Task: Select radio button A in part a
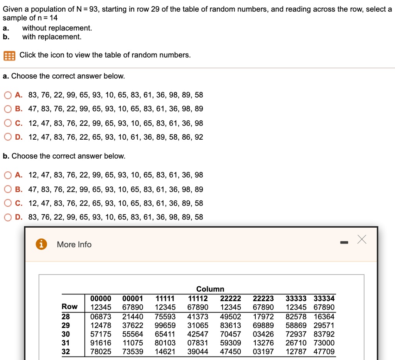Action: (x=7, y=95)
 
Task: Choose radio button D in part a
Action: (x=7, y=137)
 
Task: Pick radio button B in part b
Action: (x=7, y=189)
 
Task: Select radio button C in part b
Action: (x=7, y=203)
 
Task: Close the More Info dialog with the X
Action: (x=361, y=240)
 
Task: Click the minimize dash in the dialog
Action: (x=344, y=243)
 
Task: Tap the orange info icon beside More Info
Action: (x=41, y=244)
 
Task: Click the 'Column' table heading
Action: (x=210, y=289)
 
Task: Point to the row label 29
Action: (x=66, y=325)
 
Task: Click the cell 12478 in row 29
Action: (x=101, y=325)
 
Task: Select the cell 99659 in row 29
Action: (x=165, y=325)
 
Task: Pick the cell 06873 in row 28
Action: (x=101, y=316)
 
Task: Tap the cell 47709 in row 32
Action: (x=324, y=352)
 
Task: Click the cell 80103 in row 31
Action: (x=165, y=343)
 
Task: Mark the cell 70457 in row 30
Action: (x=230, y=334)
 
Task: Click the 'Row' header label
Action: (x=69, y=307)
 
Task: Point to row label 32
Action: (x=66, y=352)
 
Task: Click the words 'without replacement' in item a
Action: (x=57, y=28)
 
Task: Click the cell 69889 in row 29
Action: (x=263, y=325)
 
